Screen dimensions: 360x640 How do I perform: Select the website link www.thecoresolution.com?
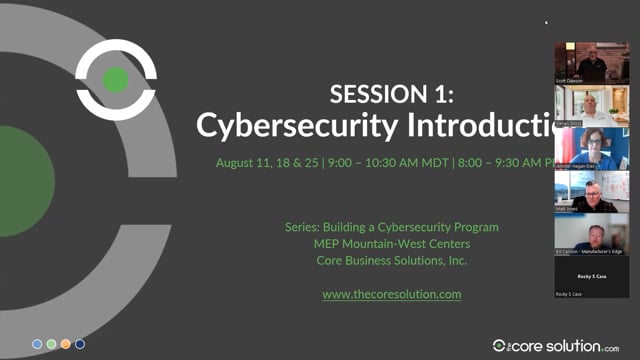[391, 294]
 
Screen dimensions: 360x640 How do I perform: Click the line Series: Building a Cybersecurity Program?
[391, 227]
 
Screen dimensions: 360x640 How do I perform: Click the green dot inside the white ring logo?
[116, 80]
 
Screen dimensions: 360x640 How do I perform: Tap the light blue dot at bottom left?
[37, 344]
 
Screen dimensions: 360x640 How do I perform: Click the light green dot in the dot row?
[51, 344]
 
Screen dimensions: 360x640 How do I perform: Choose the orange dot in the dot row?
[66, 344]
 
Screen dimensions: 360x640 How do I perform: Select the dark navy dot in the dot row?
[80, 344]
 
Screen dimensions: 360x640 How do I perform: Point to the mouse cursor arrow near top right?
[546, 21]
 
